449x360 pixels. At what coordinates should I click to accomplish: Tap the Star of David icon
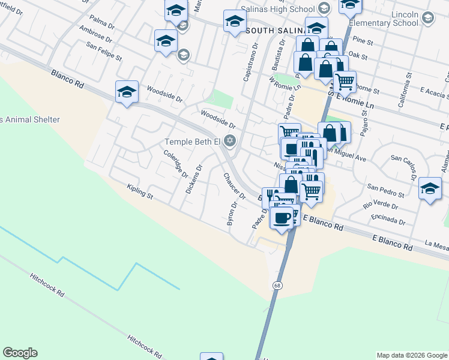pyautogui.click(x=229, y=142)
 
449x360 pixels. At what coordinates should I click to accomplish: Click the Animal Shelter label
pyautogui.click(x=30, y=119)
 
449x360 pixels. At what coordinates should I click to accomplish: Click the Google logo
pyautogui.click(x=20, y=353)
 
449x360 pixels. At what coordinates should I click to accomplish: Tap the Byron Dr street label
pyautogui.click(x=231, y=214)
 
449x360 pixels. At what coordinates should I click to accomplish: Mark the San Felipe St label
pyautogui.click(x=104, y=52)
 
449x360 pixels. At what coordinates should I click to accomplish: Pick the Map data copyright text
pyautogui.click(x=411, y=355)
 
